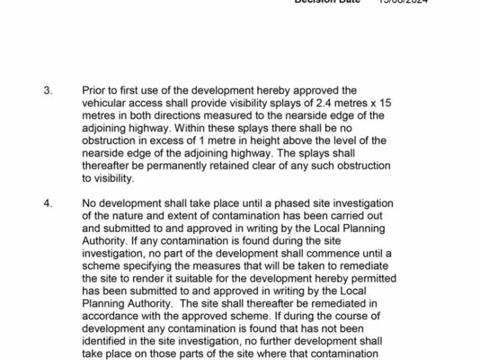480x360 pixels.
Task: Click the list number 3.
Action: [47, 91]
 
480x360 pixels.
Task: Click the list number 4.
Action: [47, 204]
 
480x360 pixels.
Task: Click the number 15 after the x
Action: [385, 103]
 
